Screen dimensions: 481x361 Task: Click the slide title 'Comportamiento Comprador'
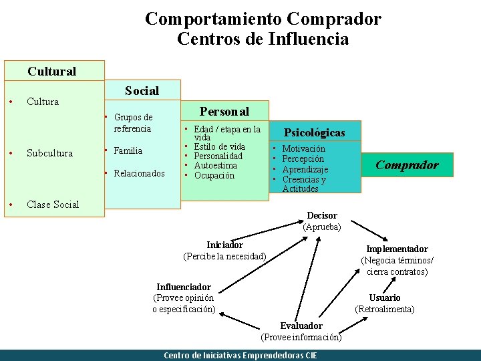point(263,19)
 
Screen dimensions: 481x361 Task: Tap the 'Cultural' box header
point(52,71)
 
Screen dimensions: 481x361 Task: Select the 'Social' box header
point(142,91)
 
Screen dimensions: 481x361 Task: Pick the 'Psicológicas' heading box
point(315,132)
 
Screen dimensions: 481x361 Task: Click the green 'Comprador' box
point(407,165)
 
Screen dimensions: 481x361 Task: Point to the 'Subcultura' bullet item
point(49,153)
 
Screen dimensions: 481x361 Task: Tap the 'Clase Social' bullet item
point(53,205)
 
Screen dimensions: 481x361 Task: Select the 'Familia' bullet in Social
point(128,150)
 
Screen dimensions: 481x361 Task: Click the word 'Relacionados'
point(139,174)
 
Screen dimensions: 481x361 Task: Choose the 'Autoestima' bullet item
point(215,165)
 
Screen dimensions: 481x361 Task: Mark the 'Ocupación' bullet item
point(214,175)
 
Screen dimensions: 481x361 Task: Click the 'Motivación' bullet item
point(303,149)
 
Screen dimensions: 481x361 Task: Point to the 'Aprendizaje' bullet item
point(305,170)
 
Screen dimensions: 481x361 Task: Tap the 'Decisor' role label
point(322,216)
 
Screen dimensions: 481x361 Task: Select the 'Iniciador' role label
point(224,245)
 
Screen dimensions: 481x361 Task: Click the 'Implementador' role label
point(397,249)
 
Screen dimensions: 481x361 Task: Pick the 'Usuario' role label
point(385,297)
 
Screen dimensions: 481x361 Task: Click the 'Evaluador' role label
point(301,326)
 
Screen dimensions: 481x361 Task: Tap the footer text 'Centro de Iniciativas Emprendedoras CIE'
point(240,355)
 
